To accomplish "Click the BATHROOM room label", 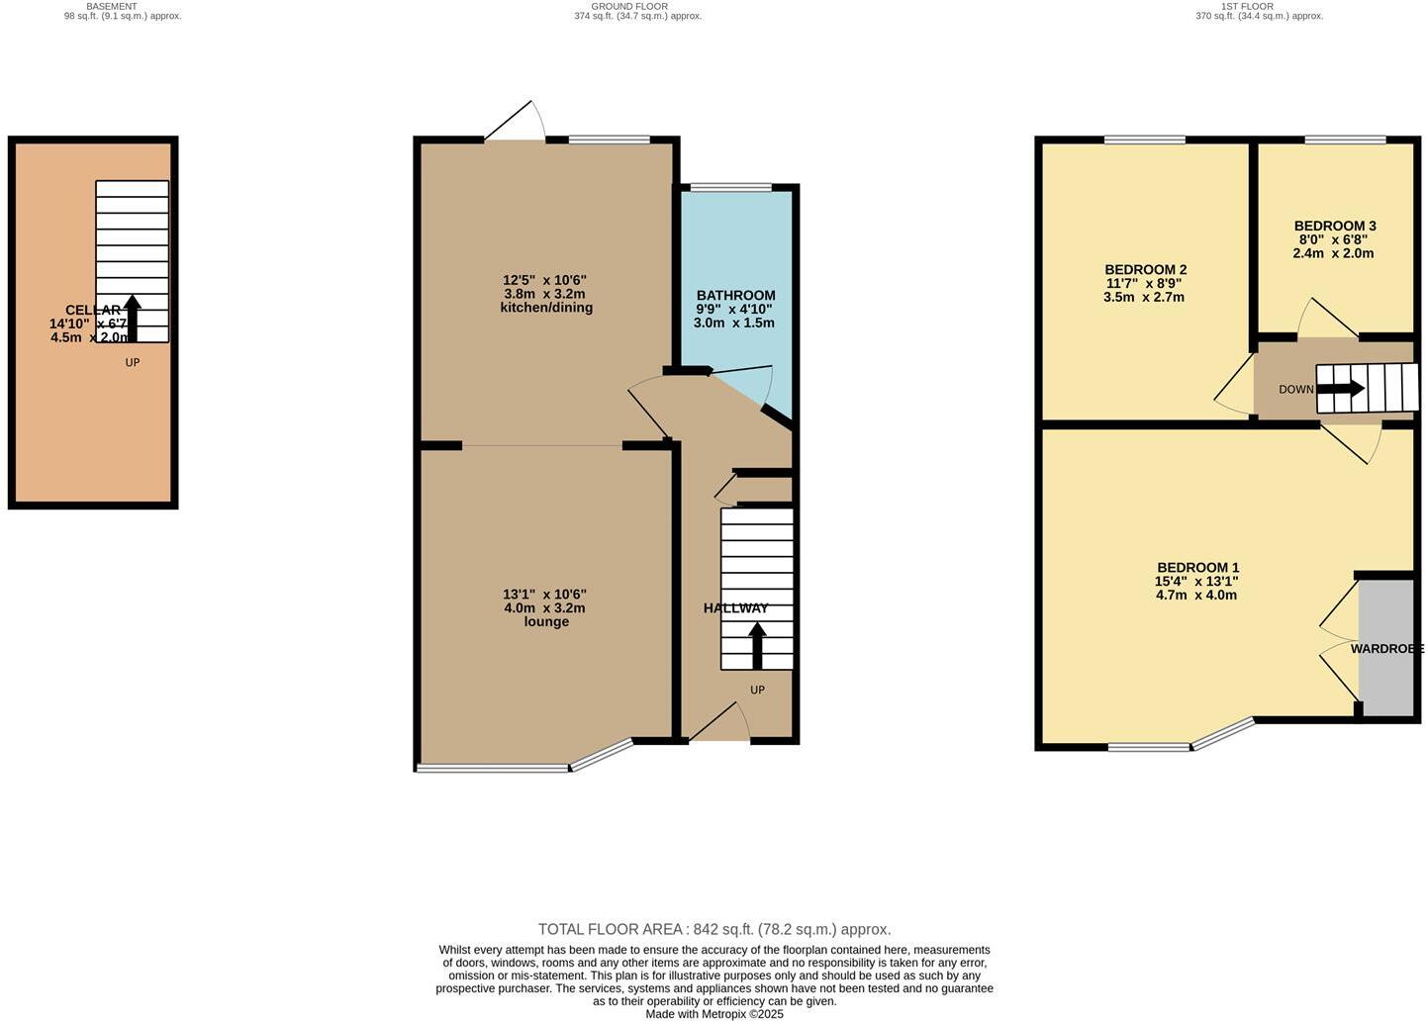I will click(735, 295).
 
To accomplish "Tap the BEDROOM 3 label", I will click(1334, 226).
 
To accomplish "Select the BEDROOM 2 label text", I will click(1145, 269).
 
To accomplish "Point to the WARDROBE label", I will click(1386, 649).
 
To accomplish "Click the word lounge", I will click(546, 622).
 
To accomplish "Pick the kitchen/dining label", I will click(546, 308).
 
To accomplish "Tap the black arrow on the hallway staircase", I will click(757, 644).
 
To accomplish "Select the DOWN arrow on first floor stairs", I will click(1341, 389).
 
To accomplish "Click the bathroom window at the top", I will click(730, 187).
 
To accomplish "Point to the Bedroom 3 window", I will click(1344, 139).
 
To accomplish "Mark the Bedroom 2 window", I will click(1144, 139).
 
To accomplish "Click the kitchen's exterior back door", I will click(516, 124).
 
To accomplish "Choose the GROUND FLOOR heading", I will click(628, 6).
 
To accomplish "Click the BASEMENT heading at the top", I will click(112, 6).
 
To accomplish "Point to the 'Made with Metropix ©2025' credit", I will click(713, 1014).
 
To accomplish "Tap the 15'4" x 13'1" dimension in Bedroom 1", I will click(1196, 582).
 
